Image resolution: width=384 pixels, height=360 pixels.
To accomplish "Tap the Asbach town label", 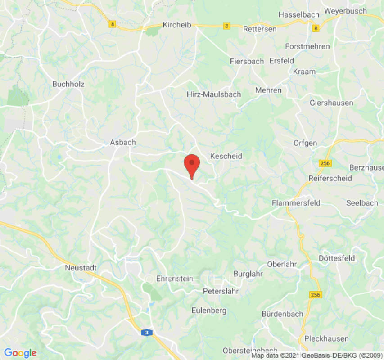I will click(123, 142).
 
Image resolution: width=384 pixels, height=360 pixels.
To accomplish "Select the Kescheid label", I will click(226, 156).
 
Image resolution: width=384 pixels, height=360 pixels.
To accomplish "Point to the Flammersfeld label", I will click(296, 203).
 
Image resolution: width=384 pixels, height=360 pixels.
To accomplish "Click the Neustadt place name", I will click(81, 267).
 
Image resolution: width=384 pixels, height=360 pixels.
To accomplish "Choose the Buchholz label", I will click(68, 84).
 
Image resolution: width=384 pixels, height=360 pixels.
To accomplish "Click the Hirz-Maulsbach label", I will click(214, 94).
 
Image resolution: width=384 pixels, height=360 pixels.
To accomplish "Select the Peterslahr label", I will click(221, 291).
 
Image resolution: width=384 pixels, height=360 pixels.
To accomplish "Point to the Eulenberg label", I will click(209, 310).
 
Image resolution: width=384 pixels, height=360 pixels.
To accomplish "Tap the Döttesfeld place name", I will click(337, 258).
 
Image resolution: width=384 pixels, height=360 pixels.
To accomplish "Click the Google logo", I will click(20, 353).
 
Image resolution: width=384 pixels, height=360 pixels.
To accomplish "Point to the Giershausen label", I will click(331, 103).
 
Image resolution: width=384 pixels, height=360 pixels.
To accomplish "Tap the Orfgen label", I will click(305, 143).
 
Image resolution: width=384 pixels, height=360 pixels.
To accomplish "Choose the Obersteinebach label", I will click(250, 351).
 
